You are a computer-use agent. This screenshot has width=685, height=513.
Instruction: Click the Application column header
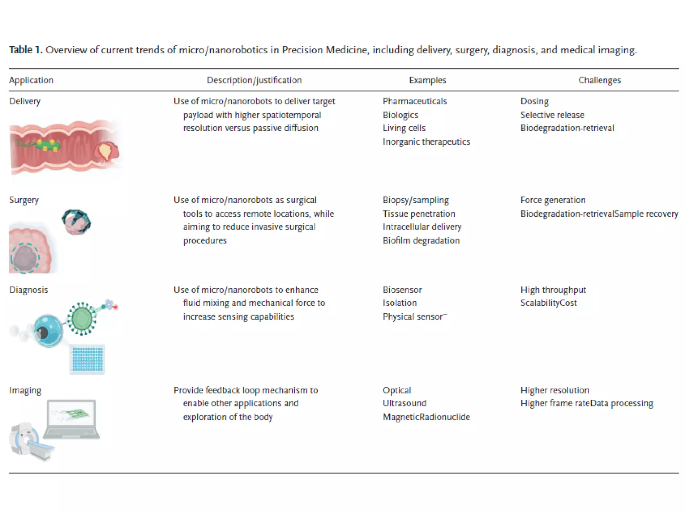click(x=31, y=80)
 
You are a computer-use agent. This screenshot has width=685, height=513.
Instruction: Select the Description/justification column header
click(x=254, y=80)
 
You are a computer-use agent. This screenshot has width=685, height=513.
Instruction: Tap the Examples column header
click(x=427, y=80)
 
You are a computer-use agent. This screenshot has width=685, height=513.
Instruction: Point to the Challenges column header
click(x=599, y=80)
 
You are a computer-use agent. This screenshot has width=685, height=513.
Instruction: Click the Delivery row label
click(x=25, y=101)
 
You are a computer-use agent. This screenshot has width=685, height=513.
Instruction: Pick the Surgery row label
click(x=24, y=200)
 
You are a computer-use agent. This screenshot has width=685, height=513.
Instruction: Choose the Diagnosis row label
click(x=28, y=290)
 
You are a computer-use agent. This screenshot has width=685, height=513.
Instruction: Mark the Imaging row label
click(x=25, y=390)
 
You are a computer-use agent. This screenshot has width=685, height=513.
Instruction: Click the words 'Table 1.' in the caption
click(x=25, y=50)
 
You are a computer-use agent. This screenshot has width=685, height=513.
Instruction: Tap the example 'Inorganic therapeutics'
click(x=426, y=142)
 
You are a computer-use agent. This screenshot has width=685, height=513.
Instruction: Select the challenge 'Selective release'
click(x=552, y=115)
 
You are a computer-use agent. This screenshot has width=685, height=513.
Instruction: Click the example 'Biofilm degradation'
click(x=421, y=240)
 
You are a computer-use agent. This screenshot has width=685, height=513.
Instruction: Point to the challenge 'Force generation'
click(x=553, y=200)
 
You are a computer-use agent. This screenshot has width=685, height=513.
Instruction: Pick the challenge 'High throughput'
click(x=553, y=290)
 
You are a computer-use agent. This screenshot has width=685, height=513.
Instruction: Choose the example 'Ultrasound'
click(x=404, y=403)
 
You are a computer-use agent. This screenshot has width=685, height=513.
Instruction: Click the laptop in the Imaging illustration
click(x=72, y=419)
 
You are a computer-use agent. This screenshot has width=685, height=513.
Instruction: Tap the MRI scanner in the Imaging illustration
click(x=28, y=441)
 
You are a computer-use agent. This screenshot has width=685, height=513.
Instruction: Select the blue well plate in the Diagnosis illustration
click(x=87, y=359)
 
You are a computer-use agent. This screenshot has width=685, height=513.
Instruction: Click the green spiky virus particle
click(x=82, y=318)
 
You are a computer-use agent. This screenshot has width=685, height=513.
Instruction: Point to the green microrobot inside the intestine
click(x=47, y=146)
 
